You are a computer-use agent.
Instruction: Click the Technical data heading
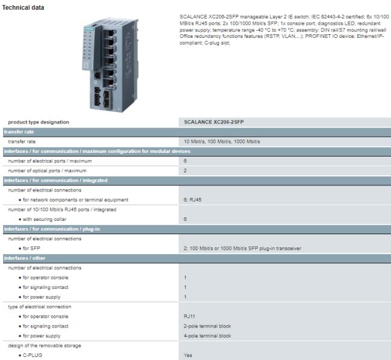pyautogui.click(x=23, y=7)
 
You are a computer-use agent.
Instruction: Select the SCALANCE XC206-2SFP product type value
pyautogui.click(x=214, y=122)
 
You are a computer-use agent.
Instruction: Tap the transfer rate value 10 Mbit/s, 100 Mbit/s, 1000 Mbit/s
pyautogui.click(x=222, y=141)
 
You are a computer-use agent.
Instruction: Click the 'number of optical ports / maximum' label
pyautogui.click(x=47, y=170)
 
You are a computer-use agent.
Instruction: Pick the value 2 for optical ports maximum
pyautogui.click(x=185, y=170)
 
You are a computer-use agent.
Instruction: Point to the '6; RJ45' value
pyautogui.click(x=192, y=200)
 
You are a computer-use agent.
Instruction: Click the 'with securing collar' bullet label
pyautogui.click(x=45, y=219)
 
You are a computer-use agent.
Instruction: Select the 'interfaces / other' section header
pyautogui.click(x=25, y=258)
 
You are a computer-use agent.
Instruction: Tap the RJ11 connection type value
pyautogui.click(x=189, y=316)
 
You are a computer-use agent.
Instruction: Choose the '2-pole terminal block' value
pyautogui.click(x=207, y=326)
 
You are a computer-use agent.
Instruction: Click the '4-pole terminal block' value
pyautogui.click(x=207, y=336)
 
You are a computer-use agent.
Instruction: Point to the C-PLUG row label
pyautogui.click(x=32, y=355)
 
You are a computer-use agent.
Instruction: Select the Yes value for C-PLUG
pyautogui.click(x=188, y=355)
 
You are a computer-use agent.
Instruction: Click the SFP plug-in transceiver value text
pyautogui.click(x=242, y=249)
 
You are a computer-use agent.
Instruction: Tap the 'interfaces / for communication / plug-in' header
pyautogui.click(x=52, y=229)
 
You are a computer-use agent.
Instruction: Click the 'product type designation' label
pyautogui.click(x=38, y=122)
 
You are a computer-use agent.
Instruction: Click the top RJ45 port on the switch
pyautogui.click(x=109, y=34)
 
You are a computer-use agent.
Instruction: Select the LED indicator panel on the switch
pyautogui.click(x=88, y=48)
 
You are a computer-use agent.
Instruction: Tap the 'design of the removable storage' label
pyautogui.click(x=45, y=346)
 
